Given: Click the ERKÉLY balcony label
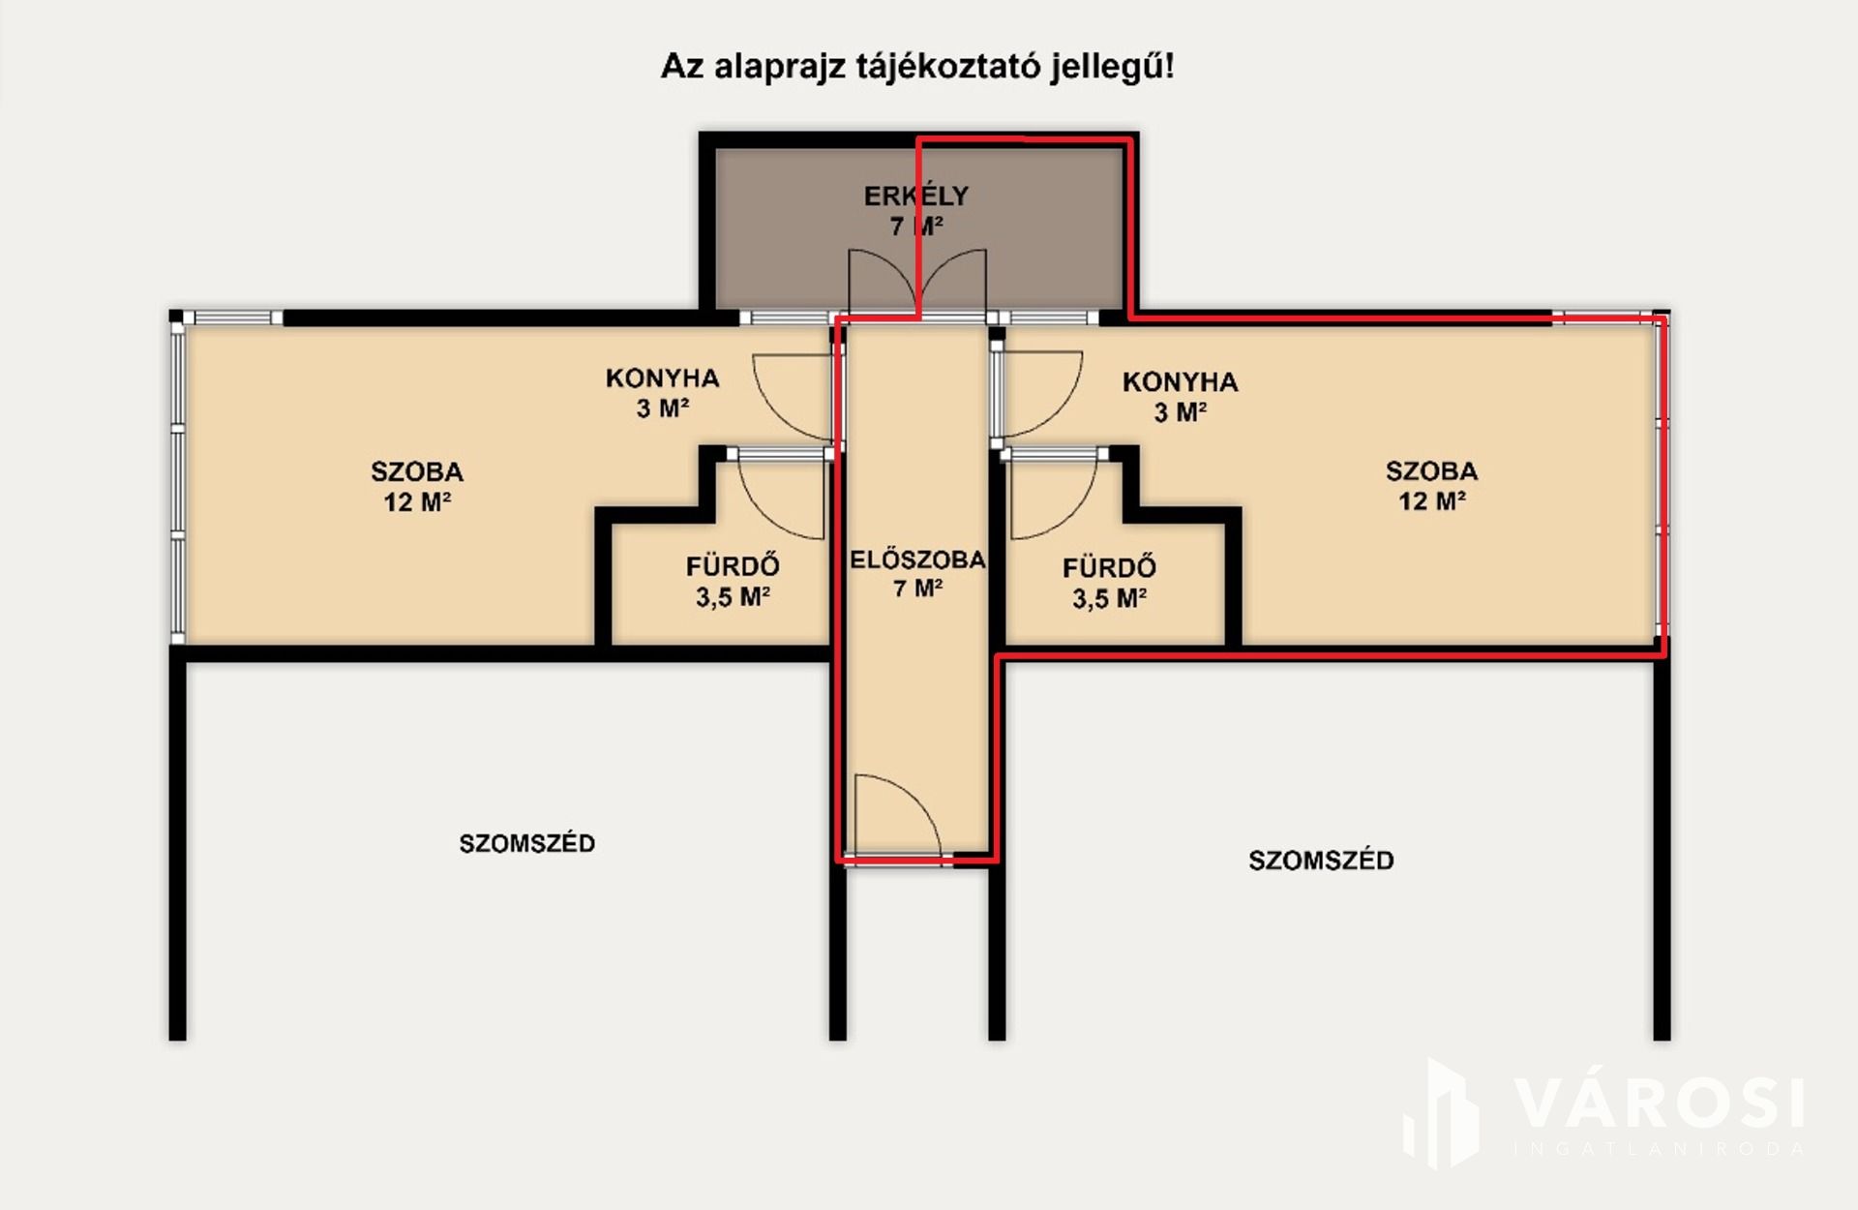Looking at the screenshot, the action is (915, 196).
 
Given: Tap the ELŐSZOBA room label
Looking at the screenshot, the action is (917, 560).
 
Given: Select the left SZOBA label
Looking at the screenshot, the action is (417, 472).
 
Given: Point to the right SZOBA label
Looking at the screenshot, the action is (1431, 471).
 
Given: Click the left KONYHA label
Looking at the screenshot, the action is (663, 378).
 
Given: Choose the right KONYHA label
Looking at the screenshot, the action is (1180, 381).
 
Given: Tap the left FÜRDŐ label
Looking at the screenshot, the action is (733, 564).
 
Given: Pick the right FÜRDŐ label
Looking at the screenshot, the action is (1109, 566).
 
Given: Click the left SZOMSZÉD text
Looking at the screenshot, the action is (527, 843).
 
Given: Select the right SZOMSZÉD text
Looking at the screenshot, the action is (1321, 860).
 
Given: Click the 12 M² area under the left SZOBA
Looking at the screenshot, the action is (417, 502).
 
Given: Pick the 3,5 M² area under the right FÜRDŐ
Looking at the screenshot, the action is (1109, 598).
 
